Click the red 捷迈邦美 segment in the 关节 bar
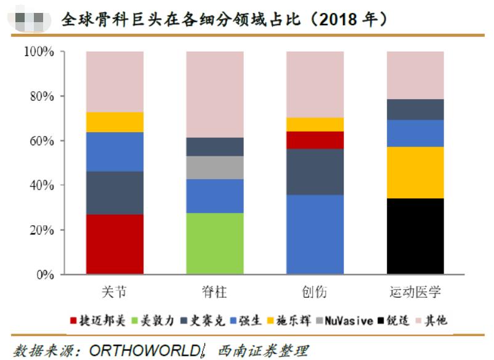pos(115,244)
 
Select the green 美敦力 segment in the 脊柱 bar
pos(214,243)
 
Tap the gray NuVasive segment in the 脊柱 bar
pos(214,167)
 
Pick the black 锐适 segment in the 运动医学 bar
pos(415,236)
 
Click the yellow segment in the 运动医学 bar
pos(415,172)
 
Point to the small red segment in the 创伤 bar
pos(315,140)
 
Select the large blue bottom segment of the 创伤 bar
pos(315,234)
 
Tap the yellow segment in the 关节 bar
pos(115,122)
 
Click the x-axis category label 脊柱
pos(214,292)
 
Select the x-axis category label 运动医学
pos(415,292)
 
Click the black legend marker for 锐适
pos(382,321)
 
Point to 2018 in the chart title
pos(344,20)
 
